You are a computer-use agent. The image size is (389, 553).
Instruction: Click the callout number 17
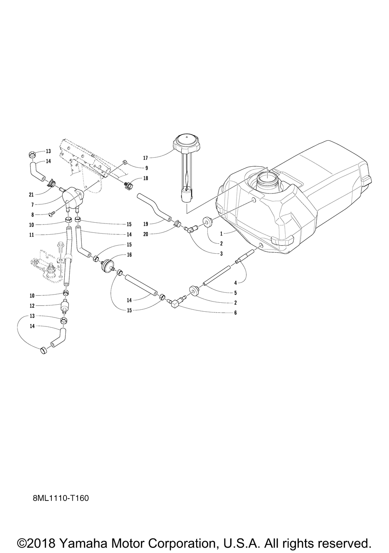pos(145,158)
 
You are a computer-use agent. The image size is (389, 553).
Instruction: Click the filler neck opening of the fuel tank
pos(268,180)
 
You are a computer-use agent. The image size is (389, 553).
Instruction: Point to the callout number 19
pos(146,224)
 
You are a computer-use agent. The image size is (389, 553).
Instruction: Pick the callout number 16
pos(129,255)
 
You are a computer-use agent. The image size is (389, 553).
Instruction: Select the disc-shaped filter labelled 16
pos(107,266)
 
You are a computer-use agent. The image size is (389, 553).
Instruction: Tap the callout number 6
pos(235,312)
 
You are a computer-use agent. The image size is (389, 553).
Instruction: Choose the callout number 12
pos(32,305)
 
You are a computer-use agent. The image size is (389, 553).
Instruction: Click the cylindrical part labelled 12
pos(64,307)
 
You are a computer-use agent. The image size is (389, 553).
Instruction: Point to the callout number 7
pos(32,204)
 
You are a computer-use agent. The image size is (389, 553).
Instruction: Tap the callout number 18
pos(145,178)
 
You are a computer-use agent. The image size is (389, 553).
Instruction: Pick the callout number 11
pos(32,235)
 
